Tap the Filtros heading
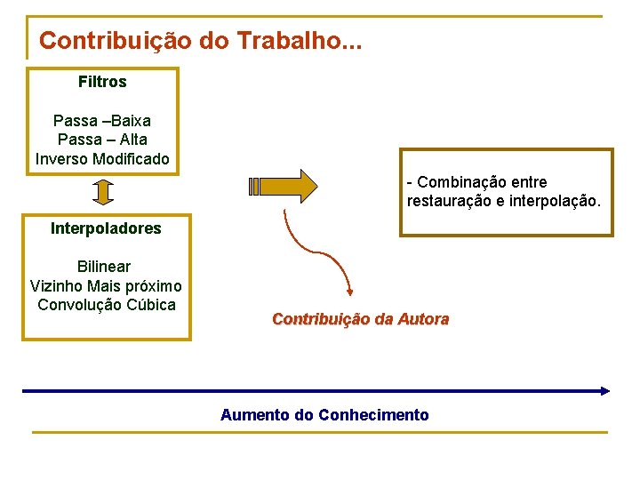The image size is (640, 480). (102, 82)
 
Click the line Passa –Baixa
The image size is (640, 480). (102, 120)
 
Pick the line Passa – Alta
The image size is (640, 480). (102, 140)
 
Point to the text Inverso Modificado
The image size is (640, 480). (102, 159)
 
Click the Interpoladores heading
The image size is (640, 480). (106, 228)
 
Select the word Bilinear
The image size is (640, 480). (104, 267)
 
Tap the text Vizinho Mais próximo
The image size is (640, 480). (106, 285)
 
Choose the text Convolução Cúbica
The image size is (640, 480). (107, 305)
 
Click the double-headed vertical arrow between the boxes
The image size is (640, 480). (103, 192)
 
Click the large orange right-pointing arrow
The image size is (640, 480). (284, 187)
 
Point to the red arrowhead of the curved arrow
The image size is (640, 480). (350, 289)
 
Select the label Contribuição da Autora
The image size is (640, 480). (360, 318)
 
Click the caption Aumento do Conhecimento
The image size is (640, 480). (324, 415)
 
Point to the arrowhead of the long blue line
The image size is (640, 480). (605, 390)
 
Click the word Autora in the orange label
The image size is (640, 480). (424, 318)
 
